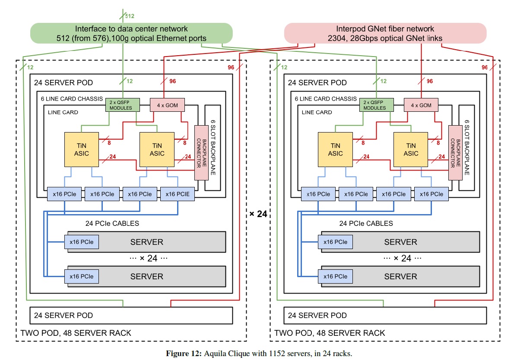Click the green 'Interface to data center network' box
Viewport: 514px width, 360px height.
click(x=131, y=33)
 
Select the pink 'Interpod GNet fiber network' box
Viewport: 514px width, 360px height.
click(x=385, y=33)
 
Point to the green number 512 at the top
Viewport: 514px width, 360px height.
click(x=130, y=16)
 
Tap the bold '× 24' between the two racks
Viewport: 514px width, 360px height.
click(x=258, y=213)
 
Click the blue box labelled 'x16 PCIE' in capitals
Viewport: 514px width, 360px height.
click(x=178, y=194)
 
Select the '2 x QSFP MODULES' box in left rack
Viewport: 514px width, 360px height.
click(x=123, y=105)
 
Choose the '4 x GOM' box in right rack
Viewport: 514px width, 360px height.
click(x=421, y=105)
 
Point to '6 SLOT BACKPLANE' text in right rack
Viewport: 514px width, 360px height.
click(x=466, y=147)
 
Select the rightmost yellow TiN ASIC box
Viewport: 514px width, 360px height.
click(x=411, y=149)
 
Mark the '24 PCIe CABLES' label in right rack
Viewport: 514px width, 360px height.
click(x=366, y=224)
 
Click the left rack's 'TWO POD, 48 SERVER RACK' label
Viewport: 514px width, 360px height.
click(x=76, y=333)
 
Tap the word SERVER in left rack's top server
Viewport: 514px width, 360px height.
click(x=147, y=242)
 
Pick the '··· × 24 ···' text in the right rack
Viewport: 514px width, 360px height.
click(x=400, y=259)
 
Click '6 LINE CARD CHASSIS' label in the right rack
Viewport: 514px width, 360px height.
click(x=326, y=99)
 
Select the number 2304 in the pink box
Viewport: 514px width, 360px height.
click(x=338, y=38)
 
